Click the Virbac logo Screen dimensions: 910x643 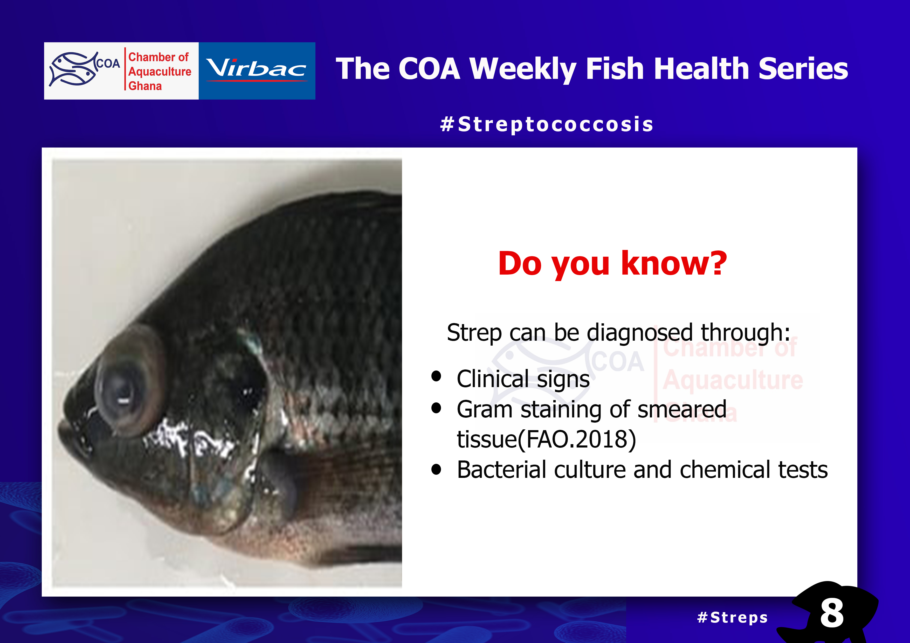257,71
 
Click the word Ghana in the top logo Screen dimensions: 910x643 145,86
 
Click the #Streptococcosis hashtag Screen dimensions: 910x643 547,124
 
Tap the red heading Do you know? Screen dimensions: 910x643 612,264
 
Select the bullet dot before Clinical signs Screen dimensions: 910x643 436,376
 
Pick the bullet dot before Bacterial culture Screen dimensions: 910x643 436,470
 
